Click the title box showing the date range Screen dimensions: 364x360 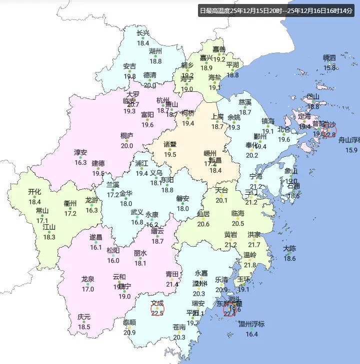coord(275,10)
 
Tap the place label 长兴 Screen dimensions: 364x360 coord(143,33)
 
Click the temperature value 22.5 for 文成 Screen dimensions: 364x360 coord(157,313)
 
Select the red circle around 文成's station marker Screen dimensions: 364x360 coord(157,309)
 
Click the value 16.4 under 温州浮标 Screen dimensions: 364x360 coord(251,334)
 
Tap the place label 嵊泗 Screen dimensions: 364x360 coord(329,58)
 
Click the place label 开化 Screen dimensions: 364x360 coord(34,192)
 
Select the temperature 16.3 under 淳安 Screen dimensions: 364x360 coord(80,162)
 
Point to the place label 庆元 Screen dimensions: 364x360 coord(84,317)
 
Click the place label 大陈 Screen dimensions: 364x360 coord(289,248)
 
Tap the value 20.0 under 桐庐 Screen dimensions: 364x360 coord(126,145)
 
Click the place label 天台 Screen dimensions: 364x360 coord(221,190)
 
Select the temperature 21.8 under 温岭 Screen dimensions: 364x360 coord(250,265)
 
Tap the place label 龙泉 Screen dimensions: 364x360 coord(88,279)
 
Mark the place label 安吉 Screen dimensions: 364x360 coord(129,66)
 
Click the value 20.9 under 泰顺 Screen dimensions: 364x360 coord(129,333)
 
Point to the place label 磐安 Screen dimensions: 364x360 coord(183,198)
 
